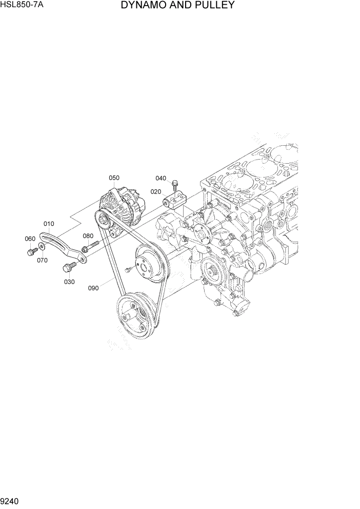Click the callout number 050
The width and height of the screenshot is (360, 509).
tap(114, 178)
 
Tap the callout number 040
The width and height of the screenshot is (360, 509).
tap(161, 179)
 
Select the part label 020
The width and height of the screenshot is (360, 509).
tap(156, 191)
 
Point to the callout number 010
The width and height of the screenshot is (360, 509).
tap(49, 224)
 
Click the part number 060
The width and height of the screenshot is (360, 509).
tap(30, 239)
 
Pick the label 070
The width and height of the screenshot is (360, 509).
tap(42, 260)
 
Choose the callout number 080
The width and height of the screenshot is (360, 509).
tap(88, 237)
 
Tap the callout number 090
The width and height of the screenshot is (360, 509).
tap(93, 288)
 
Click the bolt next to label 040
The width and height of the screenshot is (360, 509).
tap(176, 182)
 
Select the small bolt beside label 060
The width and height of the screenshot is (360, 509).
tap(31, 251)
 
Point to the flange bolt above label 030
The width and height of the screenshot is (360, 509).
tap(68, 267)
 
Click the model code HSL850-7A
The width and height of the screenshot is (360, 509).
tap(21, 5)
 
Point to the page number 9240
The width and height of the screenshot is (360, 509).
tap(11, 500)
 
